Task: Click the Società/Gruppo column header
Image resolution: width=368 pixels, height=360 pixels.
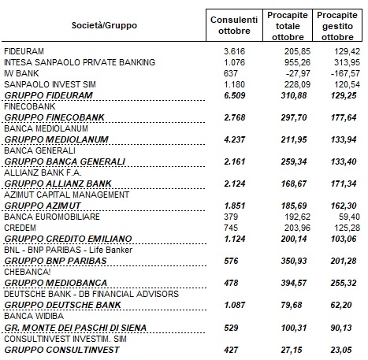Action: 104,25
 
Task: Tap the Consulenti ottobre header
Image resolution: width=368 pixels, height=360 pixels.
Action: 234,25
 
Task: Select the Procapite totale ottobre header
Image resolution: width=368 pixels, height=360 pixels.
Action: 288,26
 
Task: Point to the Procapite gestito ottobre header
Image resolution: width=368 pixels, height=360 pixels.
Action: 337,26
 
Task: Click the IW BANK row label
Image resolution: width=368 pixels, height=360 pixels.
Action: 21,73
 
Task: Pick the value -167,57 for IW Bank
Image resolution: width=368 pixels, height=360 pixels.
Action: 345,73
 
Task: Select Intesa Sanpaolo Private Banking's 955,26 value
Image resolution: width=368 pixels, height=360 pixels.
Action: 297,62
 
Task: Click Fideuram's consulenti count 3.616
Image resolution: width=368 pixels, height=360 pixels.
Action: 234,51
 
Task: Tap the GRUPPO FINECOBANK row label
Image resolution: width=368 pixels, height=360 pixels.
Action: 54,117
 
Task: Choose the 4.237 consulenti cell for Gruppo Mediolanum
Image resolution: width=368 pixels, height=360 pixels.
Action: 234,139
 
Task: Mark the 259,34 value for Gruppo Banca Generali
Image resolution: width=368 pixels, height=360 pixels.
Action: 294,161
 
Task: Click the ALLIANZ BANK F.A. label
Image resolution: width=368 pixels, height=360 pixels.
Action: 43,173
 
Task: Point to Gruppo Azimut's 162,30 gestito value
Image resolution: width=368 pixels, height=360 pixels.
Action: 344,206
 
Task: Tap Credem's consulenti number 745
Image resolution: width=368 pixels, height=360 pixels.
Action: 231,228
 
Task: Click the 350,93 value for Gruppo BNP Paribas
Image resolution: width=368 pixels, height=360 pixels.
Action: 294,261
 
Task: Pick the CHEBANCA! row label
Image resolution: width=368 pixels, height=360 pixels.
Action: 28,272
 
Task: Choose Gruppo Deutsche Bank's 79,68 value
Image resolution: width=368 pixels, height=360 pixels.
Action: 292,305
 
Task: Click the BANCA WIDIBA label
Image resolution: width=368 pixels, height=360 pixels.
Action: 34,316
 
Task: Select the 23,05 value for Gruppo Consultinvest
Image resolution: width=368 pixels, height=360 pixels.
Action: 341,350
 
